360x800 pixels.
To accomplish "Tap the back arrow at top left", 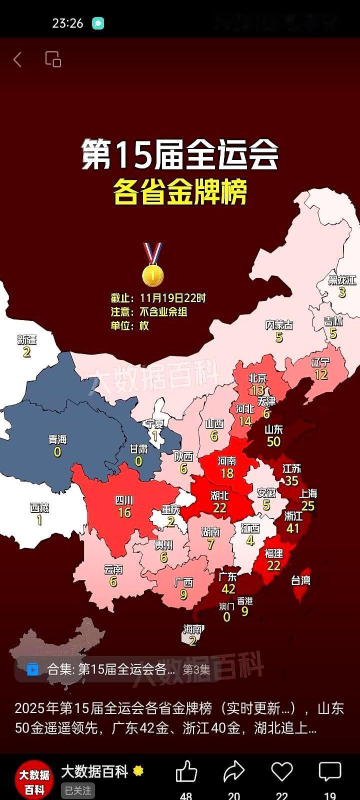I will click(17, 60).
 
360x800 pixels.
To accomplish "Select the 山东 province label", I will click(273, 429).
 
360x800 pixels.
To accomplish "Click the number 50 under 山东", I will click(273, 441).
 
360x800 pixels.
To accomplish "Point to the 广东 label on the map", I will click(228, 576).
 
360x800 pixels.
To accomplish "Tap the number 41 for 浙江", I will click(292, 528).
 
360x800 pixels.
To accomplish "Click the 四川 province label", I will click(124, 500).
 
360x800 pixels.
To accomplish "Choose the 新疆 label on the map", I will click(26, 340).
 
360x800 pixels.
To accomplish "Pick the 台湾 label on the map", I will click(300, 580).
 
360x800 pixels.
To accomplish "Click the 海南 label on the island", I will click(192, 629).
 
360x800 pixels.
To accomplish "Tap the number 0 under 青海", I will click(57, 452).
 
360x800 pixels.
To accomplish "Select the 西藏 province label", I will click(39, 508).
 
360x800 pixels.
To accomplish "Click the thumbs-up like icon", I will click(186, 772).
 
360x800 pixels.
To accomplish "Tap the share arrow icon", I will click(233, 772).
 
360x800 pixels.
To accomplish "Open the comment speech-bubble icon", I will click(330, 772).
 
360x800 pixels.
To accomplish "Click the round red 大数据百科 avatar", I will click(34, 780).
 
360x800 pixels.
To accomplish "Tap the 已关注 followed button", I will click(78, 790).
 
